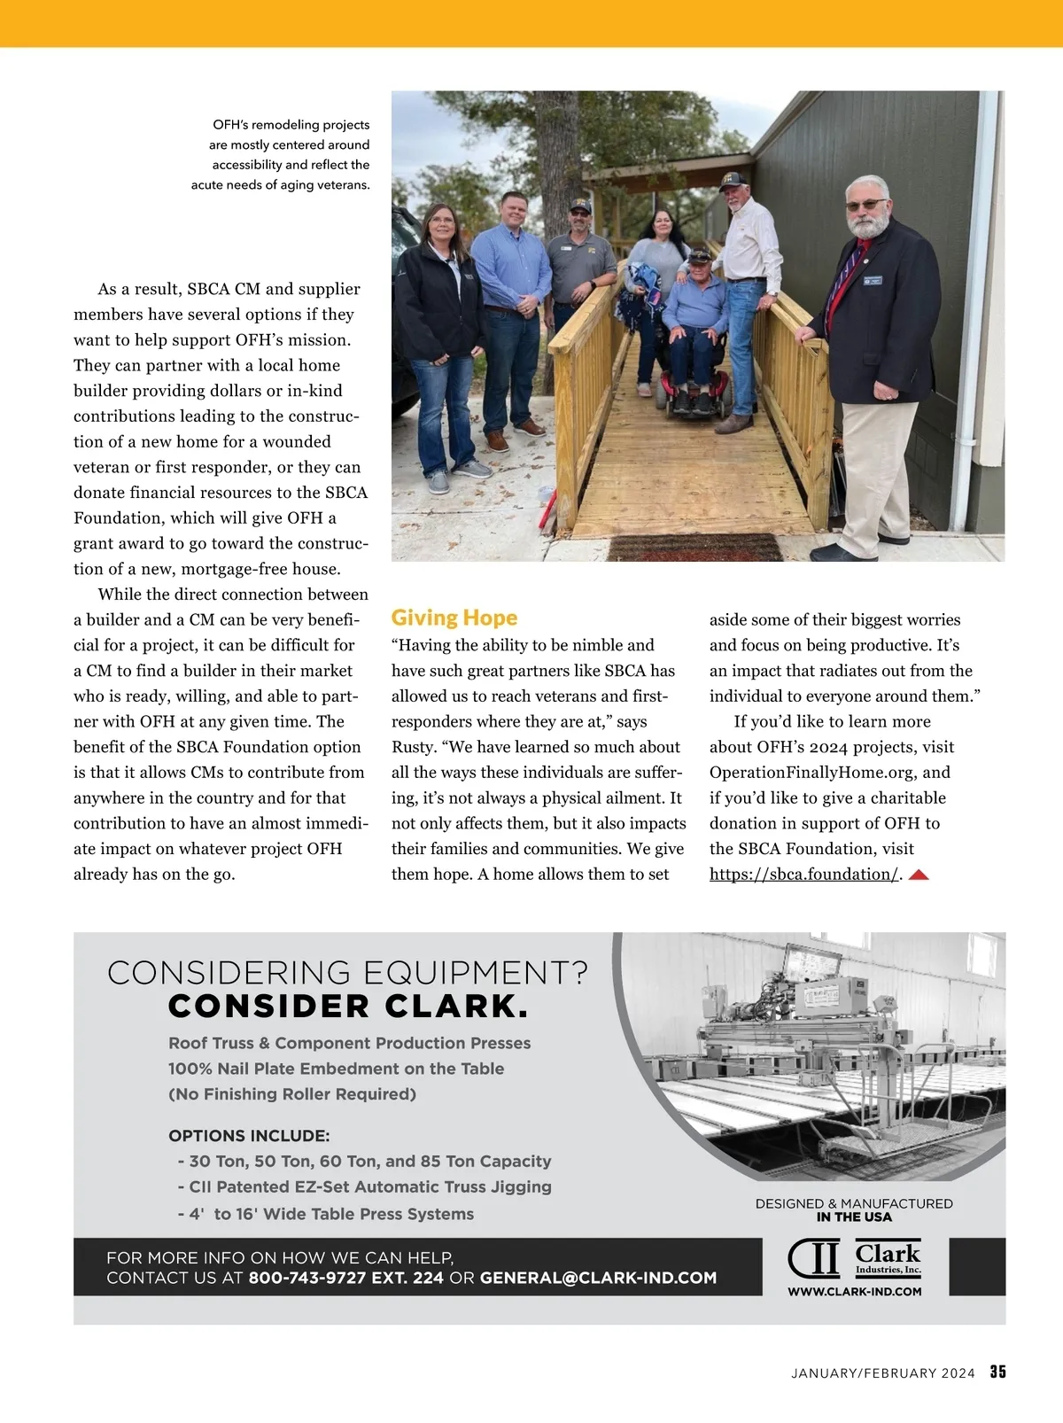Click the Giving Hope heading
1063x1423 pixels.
[454, 618]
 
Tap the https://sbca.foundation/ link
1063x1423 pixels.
[804, 875]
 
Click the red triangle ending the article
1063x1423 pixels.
[919, 875]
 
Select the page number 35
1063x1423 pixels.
[998, 1372]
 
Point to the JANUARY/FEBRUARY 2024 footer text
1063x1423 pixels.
[882, 1373]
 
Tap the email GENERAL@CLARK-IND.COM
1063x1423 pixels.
[598, 1278]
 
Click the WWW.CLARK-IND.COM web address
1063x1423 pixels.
[854, 1291]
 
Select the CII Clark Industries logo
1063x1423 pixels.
[854, 1258]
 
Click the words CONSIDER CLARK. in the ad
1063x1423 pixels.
[348, 1007]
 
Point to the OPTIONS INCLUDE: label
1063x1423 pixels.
[249, 1136]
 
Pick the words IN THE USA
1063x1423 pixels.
[854, 1217]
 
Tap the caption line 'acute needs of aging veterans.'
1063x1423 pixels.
[281, 185]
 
